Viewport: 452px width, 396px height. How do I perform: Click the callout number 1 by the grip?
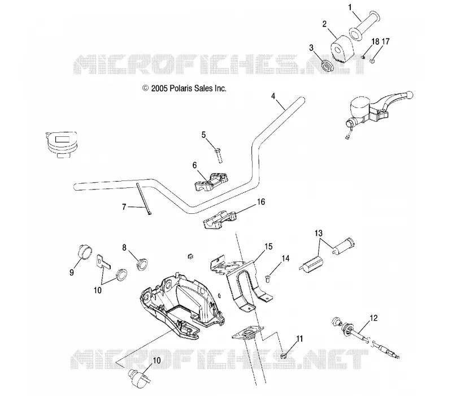350,7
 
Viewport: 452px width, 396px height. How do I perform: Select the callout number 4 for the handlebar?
273,96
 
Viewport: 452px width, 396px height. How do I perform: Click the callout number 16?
261,202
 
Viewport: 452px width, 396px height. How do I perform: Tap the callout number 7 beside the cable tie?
124,207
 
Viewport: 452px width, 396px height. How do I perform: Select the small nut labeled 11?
284,355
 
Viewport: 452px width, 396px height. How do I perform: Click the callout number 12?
373,318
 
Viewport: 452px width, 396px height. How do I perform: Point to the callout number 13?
319,233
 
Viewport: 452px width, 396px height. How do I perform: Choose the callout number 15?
268,247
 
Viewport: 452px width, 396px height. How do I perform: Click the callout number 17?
386,41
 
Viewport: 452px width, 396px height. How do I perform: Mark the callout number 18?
375,41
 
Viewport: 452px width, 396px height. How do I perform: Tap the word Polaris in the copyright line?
181,88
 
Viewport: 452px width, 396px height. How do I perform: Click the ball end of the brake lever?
408,94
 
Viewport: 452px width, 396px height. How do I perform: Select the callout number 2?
324,24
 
